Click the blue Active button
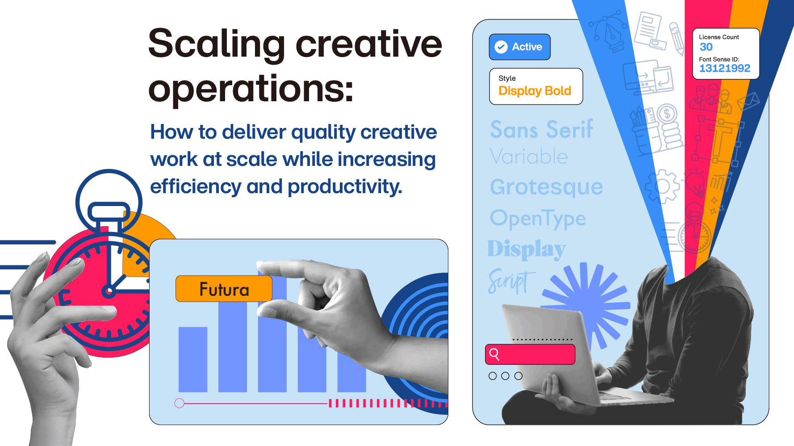point(520,47)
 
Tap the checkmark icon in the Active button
point(501,47)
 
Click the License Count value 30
point(706,47)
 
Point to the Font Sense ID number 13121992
point(725,68)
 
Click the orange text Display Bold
point(535,91)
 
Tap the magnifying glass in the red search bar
point(494,354)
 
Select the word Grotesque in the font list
point(546,187)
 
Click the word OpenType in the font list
point(538,218)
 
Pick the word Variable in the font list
point(529,157)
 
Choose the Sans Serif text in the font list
point(542,129)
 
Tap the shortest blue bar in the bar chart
point(193,359)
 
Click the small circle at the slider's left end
point(180,404)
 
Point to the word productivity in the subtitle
point(345,186)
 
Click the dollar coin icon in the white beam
point(667,114)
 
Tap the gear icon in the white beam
point(662,186)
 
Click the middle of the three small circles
point(506,376)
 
